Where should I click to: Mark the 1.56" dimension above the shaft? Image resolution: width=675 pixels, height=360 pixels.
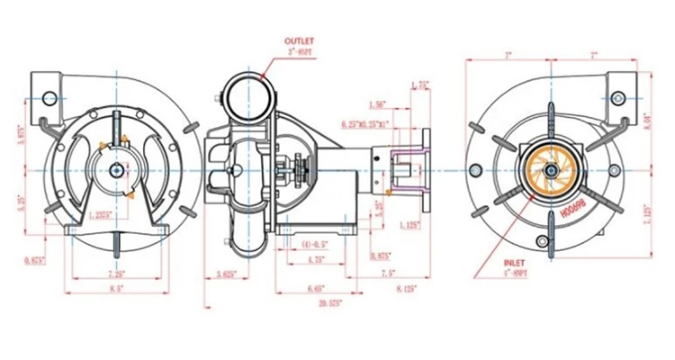pos(378,104)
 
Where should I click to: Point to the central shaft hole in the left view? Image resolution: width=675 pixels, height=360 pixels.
pos(117,170)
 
